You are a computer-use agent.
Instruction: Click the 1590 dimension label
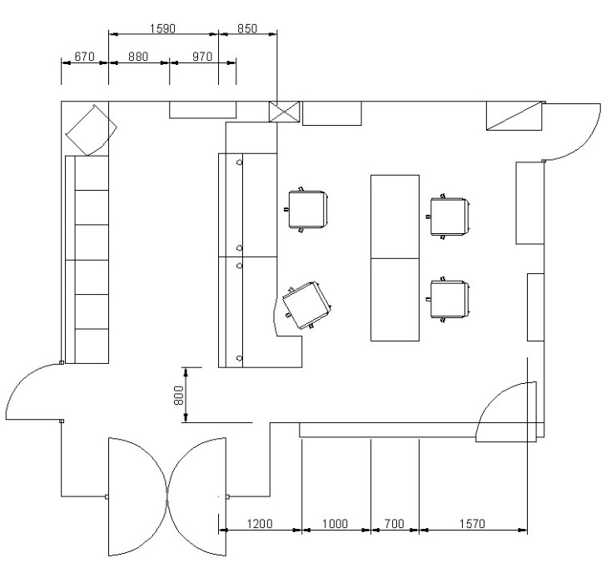click(162, 28)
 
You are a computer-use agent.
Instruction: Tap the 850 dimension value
click(247, 28)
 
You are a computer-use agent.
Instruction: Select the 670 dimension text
click(84, 57)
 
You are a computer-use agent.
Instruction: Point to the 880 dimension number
click(138, 57)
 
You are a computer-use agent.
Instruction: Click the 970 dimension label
click(202, 57)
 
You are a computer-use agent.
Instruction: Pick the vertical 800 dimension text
click(178, 396)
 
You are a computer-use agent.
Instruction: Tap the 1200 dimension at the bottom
click(260, 524)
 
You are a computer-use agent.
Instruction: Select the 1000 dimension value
click(335, 524)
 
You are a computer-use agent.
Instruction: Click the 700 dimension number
click(394, 524)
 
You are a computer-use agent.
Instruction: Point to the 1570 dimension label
click(472, 524)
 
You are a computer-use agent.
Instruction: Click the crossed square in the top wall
click(284, 112)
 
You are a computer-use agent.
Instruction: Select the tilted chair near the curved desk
click(307, 306)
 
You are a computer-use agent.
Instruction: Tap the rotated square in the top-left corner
click(91, 130)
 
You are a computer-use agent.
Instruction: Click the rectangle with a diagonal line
click(514, 116)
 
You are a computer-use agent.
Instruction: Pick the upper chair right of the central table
click(449, 217)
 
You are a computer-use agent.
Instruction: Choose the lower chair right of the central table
click(449, 299)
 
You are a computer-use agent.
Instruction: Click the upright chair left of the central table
click(306, 210)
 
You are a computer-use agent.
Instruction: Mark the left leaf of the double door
click(138, 496)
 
